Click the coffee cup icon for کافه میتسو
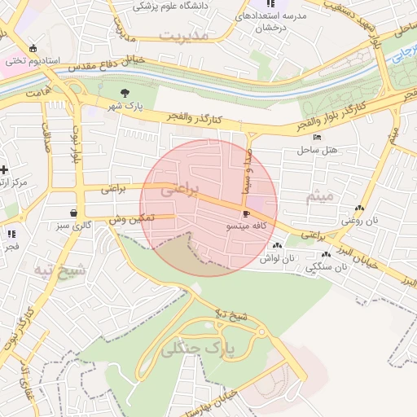[x=246, y=213]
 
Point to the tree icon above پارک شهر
[x=125, y=93]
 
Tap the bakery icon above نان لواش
[x=278, y=245]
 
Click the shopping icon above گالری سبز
[x=74, y=212]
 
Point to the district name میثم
[x=319, y=197]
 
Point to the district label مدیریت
[x=184, y=36]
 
